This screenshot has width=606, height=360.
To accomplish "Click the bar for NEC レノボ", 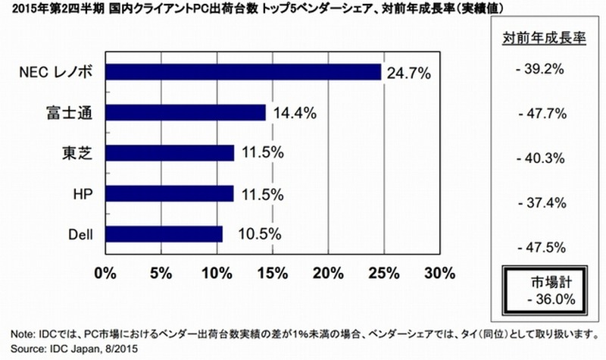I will (x=242, y=72).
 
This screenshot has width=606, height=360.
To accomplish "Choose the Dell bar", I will (x=164, y=233).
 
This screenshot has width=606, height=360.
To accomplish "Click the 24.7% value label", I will (x=408, y=73).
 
